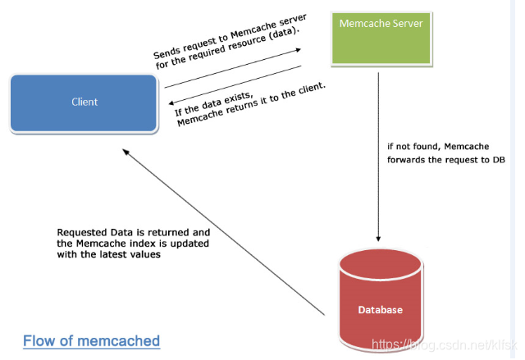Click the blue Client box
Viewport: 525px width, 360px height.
pyautogui.click(x=84, y=102)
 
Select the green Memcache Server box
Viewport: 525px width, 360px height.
pyautogui.click(x=381, y=38)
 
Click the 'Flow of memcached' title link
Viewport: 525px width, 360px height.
pyautogui.click(x=91, y=340)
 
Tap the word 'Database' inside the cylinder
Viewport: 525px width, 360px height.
pyautogui.click(x=380, y=310)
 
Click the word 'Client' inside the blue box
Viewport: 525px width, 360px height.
pyautogui.click(x=84, y=102)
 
